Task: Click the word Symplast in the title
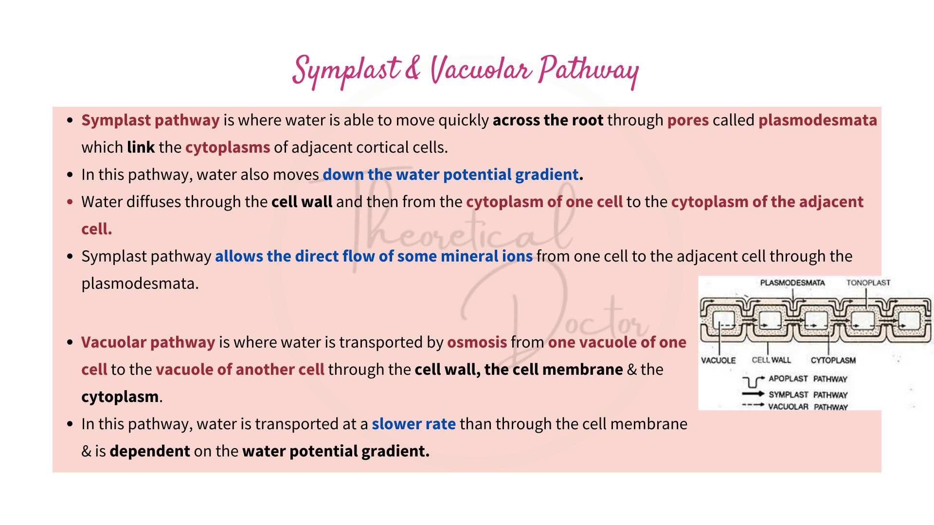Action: click(x=346, y=71)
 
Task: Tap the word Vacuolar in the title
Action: click(x=481, y=70)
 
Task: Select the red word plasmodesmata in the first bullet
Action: click(x=817, y=120)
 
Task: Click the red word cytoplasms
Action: click(x=227, y=147)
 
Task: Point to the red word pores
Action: click(x=687, y=120)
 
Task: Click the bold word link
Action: click(x=141, y=147)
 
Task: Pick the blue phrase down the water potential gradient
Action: click(x=450, y=175)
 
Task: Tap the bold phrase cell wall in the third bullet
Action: click(x=302, y=202)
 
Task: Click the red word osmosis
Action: click(x=477, y=342)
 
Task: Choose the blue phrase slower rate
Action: click(x=413, y=424)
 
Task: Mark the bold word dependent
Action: click(x=150, y=451)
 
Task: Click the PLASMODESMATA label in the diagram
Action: click(x=792, y=283)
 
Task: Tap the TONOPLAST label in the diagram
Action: click(x=868, y=283)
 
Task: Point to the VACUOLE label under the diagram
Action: click(x=718, y=360)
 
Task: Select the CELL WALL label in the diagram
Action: click(x=771, y=360)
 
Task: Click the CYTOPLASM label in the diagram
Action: click(x=833, y=360)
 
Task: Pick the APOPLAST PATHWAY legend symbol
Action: click(x=753, y=381)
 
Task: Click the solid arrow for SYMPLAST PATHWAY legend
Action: click(x=753, y=394)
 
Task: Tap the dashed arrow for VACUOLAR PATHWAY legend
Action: click(x=753, y=405)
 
